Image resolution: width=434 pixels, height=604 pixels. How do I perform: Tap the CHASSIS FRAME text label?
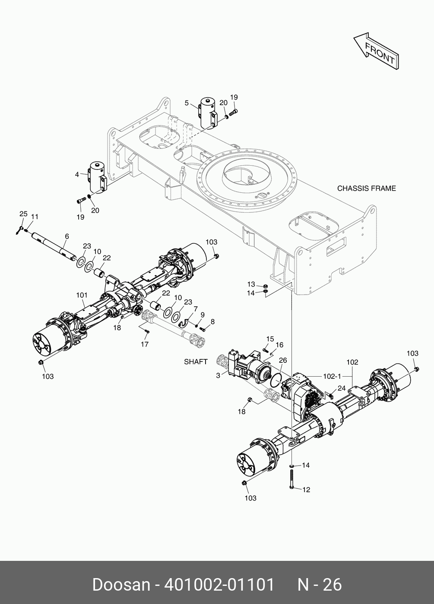366,189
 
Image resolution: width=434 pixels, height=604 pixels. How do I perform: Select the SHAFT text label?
196,362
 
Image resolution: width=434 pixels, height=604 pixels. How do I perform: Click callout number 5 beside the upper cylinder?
187,103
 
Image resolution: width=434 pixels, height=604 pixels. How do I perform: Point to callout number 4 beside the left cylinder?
77,175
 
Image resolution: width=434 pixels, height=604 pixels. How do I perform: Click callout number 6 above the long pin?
67,236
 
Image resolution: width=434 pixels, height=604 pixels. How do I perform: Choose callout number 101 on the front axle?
82,295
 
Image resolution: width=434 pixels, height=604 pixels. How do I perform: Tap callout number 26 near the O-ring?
283,360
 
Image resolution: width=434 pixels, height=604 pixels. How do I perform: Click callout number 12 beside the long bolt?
306,490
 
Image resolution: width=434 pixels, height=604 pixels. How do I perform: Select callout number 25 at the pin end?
23,214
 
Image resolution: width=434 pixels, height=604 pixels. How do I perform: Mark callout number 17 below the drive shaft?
144,344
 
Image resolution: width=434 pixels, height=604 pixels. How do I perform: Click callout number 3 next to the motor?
219,375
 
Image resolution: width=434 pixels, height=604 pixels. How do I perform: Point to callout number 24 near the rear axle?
342,387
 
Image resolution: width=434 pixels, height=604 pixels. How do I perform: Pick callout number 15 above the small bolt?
270,339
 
